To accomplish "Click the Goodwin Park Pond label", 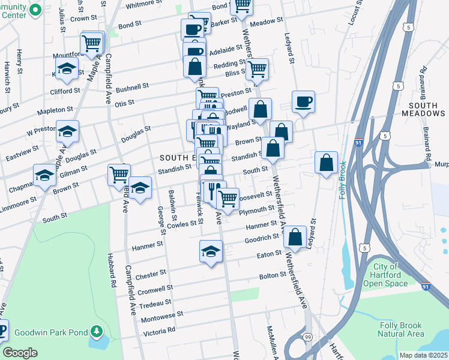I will point(47,331).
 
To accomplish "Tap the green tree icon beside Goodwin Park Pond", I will point(96,331).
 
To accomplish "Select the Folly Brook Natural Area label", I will point(402,329).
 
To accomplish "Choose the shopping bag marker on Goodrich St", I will point(295,236).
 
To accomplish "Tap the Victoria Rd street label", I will point(159,331).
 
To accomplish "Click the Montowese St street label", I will point(161,315).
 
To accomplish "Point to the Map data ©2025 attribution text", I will point(423,355).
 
